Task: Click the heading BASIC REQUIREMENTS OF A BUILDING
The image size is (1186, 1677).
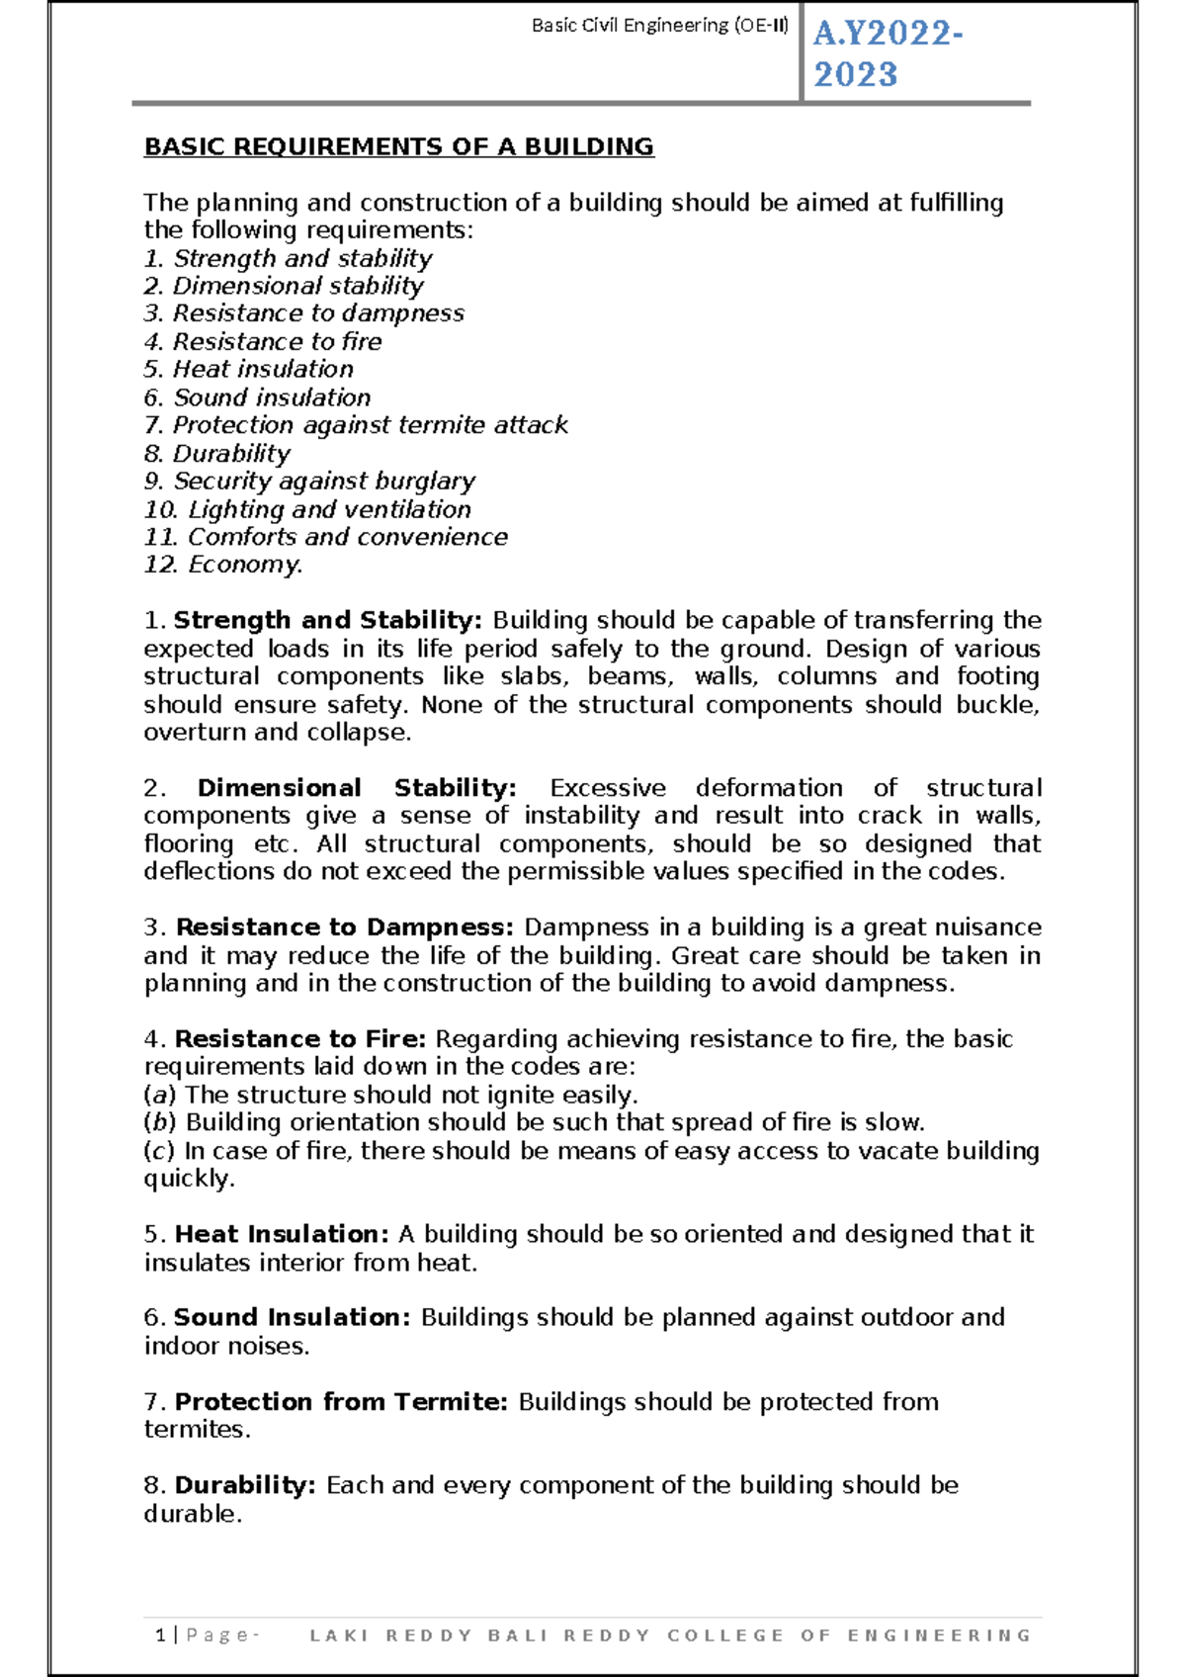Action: tap(398, 146)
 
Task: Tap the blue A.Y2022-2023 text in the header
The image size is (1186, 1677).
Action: tap(887, 53)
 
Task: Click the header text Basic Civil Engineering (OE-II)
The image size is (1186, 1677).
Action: tap(659, 26)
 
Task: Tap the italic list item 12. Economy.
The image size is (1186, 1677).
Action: tap(223, 565)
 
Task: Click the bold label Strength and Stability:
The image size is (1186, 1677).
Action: tap(327, 620)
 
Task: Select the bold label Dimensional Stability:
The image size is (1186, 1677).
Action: tap(357, 788)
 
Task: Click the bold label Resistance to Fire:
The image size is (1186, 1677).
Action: tap(299, 1039)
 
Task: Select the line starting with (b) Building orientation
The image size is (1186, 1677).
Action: tap(534, 1122)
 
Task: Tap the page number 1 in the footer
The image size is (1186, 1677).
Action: tap(160, 1634)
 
